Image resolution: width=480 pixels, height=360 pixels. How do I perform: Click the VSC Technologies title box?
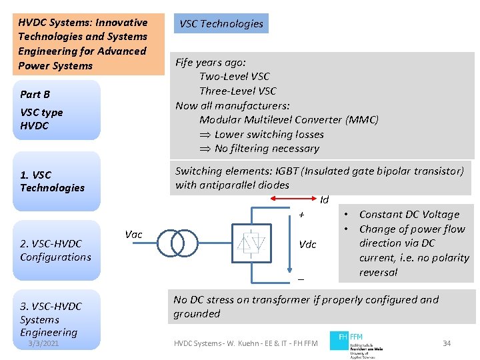[x=221, y=24]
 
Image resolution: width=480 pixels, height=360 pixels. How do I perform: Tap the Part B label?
[x=35, y=95]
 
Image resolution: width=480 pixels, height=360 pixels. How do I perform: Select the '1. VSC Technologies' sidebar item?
[x=52, y=181]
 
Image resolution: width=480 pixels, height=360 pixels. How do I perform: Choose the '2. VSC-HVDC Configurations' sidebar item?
[x=55, y=251]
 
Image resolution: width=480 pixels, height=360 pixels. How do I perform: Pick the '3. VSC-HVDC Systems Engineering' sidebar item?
[x=51, y=319]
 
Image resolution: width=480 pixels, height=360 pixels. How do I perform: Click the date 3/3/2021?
[x=43, y=343]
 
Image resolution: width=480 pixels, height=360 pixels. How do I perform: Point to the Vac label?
[x=133, y=234]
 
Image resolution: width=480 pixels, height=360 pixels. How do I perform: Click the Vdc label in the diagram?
[x=307, y=245]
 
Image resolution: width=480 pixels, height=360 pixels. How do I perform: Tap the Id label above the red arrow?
[x=325, y=200]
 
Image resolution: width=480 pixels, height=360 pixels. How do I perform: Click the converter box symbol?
[x=251, y=244]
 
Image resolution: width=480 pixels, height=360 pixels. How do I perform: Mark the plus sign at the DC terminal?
[x=301, y=215]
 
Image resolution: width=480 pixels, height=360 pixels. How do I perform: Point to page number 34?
[x=447, y=343]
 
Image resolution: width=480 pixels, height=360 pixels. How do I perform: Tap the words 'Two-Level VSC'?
[x=234, y=77]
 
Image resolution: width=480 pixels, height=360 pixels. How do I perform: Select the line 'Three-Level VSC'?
[x=237, y=91]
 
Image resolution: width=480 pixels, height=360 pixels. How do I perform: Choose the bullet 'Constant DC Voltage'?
[x=409, y=215]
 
